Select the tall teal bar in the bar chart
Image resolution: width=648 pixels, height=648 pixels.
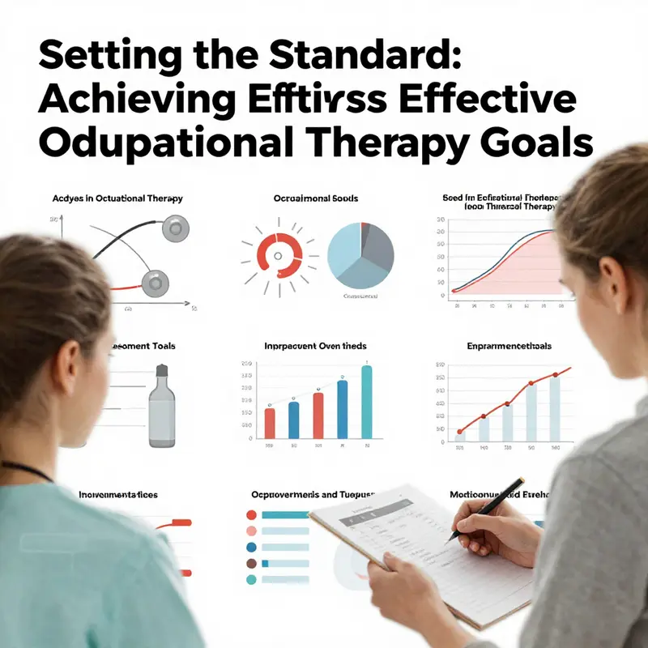pyautogui.click(x=366, y=402)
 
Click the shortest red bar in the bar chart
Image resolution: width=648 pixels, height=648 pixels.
pyautogui.click(x=271, y=423)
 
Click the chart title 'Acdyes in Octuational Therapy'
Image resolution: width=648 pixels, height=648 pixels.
pyautogui.click(x=118, y=198)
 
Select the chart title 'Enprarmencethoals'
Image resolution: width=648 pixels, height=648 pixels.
pyautogui.click(x=509, y=346)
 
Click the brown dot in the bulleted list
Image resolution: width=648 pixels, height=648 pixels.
pyautogui.click(x=251, y=563)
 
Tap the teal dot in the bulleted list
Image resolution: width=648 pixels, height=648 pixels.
pyautogui.click(x=251, y=580)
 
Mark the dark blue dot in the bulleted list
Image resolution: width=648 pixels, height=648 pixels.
pyautogui.click(x=251, y=547)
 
